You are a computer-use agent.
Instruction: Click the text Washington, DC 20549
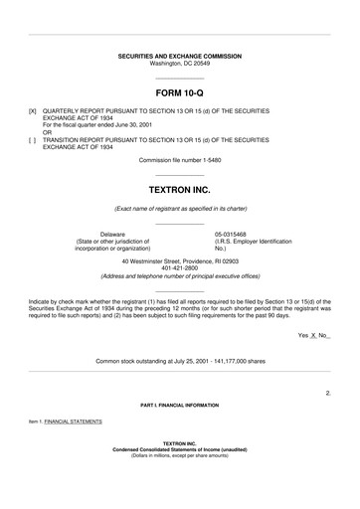179,64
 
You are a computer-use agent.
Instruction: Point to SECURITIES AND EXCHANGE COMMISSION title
179,56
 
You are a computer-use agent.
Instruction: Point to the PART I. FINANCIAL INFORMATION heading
179,406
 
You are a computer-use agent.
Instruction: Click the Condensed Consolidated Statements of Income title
179,448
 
